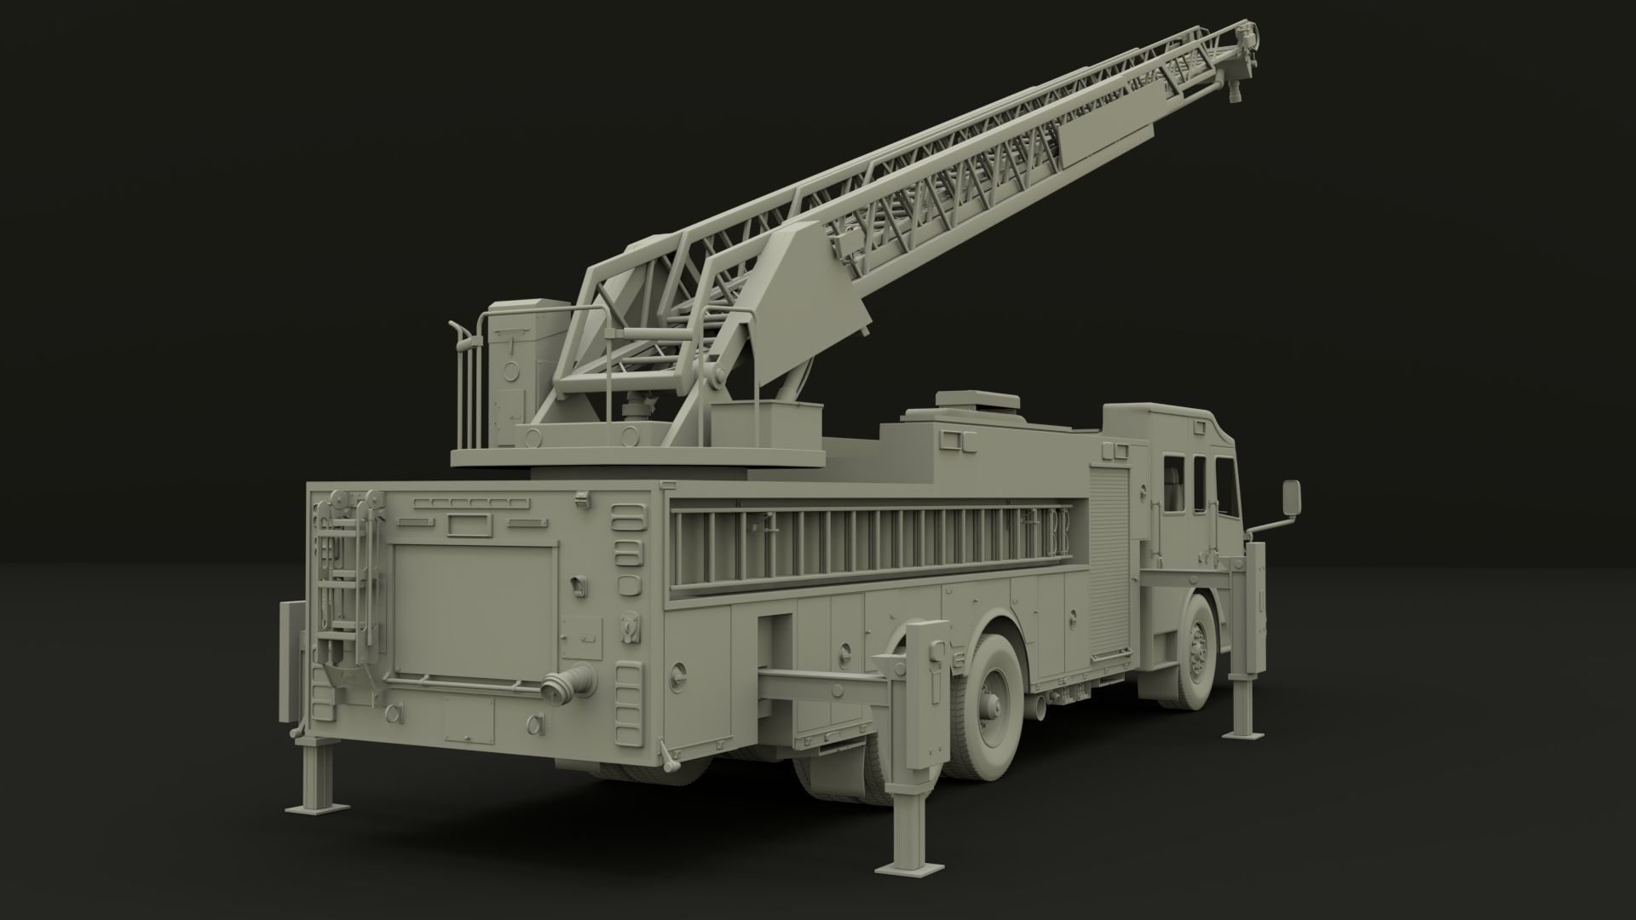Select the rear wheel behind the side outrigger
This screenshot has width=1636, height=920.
[x=991, y=698]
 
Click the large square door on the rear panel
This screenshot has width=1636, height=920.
[x=475, y=612]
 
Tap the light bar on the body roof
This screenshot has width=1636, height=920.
[x=978, y=400]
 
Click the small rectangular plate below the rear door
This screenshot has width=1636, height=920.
[x=469, y=721]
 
